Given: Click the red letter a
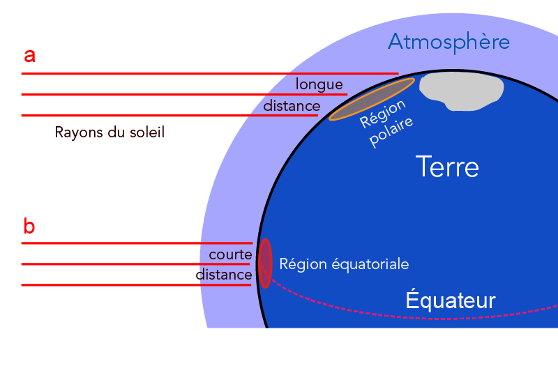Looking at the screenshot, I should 29,54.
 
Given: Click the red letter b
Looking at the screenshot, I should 29,226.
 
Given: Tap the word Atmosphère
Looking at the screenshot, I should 448,42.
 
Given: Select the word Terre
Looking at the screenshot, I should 447,167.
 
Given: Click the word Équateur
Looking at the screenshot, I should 451,300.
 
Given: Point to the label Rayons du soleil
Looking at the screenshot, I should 110,132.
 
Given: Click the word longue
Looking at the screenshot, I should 319,84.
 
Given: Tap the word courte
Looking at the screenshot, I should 230,254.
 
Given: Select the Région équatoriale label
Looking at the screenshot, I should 344,264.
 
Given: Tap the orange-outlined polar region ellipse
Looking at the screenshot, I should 371,100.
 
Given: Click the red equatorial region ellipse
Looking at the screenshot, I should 265,263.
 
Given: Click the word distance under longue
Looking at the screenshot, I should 291,106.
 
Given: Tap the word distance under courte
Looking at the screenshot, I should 225,275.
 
